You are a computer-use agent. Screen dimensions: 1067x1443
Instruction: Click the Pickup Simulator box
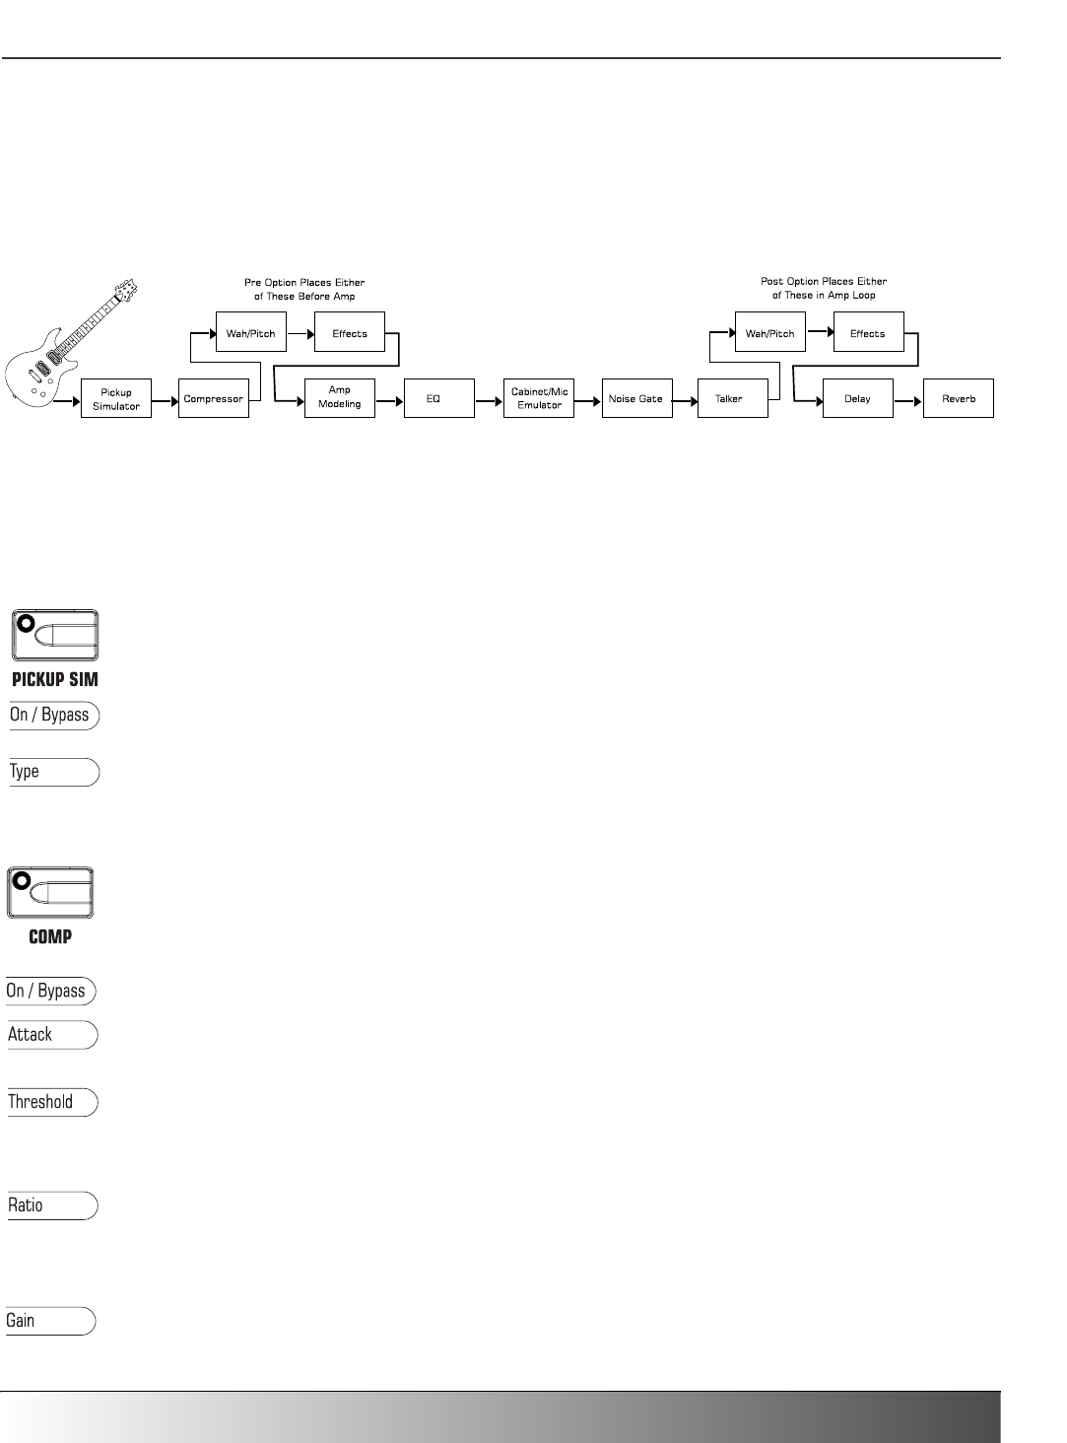pos(116,398)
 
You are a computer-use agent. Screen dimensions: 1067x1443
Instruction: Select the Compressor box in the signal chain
pos(214,398)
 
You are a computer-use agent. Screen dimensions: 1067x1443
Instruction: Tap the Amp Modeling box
pos(339,397)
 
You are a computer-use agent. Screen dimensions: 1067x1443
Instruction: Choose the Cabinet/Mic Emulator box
pos(539,398)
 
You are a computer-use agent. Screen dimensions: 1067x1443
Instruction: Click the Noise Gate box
pos(636,398)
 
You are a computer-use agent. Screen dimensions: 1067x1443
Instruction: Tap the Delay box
pos(858,398)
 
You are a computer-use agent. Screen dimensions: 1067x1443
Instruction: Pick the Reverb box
pos(959,398)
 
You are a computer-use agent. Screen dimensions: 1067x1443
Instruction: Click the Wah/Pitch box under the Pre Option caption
pos(250,333)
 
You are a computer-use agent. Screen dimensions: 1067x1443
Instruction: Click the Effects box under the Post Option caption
pos(868,333)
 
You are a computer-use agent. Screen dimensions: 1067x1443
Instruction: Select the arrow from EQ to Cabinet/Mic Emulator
pos(489,399)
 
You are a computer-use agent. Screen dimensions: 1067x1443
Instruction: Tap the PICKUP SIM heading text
pos(54,680)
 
